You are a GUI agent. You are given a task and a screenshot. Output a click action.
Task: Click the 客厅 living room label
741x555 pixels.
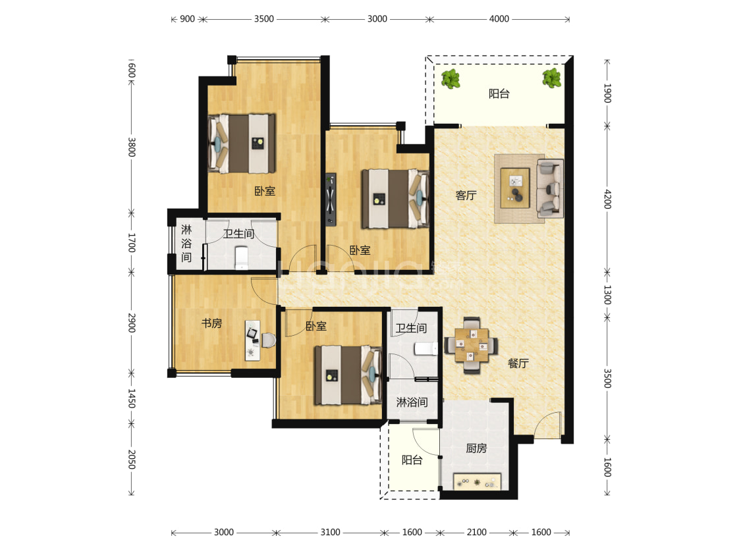tap(466, 195)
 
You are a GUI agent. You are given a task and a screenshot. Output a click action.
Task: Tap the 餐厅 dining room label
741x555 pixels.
tap(518, 363)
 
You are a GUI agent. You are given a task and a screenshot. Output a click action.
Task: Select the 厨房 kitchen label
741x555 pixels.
tap(476, 448)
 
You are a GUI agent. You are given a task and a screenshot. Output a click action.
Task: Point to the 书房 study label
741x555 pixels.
tap(211, 323)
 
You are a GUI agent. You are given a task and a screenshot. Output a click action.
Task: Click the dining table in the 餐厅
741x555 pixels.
tap(471, 345)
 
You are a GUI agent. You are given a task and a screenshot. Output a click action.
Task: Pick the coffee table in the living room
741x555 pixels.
tap(515, 188)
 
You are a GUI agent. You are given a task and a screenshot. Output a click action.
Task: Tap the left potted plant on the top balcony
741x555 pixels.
tap(451, 79)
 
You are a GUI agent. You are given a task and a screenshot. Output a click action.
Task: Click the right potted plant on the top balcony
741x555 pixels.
tap(551, 78)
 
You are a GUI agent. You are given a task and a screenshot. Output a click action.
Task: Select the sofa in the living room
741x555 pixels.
tap(550, 188)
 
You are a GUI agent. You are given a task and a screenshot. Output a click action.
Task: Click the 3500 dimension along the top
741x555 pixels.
tap(263, 19)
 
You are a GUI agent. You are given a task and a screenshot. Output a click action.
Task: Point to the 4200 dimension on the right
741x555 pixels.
tap(608, 199)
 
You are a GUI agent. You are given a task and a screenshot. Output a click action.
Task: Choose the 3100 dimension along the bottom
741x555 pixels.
tap(330, 533)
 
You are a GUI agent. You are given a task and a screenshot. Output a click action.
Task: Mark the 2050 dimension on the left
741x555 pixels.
tap(132, 459)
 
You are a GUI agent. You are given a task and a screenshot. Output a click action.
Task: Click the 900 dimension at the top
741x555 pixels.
tap(187, 19)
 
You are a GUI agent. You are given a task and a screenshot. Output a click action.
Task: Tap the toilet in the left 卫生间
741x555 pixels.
tap(242, 257)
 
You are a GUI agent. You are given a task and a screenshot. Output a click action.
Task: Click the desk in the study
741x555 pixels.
tap(252, 340)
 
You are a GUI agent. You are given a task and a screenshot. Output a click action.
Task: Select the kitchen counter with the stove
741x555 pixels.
tap(477, 481)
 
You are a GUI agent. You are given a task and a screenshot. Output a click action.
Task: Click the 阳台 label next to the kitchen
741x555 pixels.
tap(412, 460)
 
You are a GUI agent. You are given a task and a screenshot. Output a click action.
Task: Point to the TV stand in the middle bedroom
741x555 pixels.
tap(331, 199)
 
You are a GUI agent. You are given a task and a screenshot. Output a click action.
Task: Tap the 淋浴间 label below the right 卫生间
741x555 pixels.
tap(412, 402)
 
